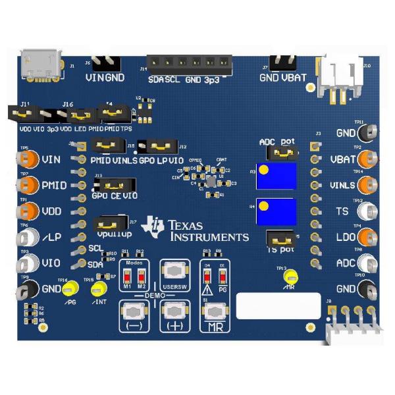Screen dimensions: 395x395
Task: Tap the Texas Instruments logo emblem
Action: tap(156, 226)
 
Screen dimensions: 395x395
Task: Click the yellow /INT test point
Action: tap(99, 289)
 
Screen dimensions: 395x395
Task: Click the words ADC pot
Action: tap(277, 142)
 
